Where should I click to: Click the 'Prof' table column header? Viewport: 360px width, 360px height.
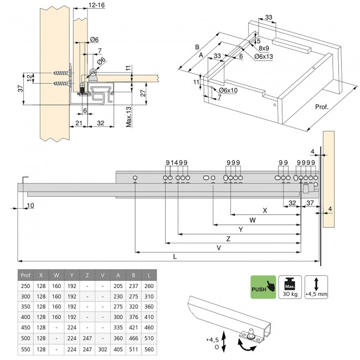click(x=25, y=275)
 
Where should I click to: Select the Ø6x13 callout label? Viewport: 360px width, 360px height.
click(x=264, y=57)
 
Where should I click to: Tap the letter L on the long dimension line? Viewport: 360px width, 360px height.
click(x=175, y=256)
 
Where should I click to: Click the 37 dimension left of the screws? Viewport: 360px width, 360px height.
click(x=20, y=90)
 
